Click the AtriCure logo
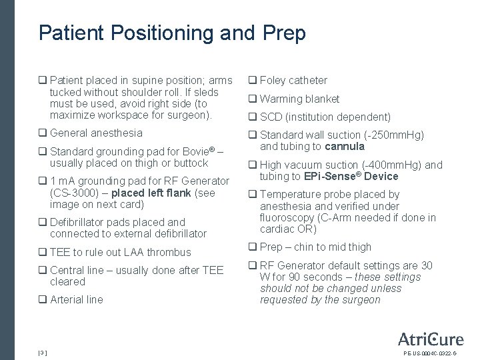tap(431, 339)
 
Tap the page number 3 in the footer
tap(42, 352)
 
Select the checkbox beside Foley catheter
tap(253, 81)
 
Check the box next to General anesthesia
tap(43, 133)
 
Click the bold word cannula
tap(345, 147)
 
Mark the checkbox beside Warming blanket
tap(253, 99)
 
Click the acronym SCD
tap(271, 117)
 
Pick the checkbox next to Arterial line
tap(43, 300)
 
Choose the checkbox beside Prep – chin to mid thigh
tap(253, 247)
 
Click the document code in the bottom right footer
tap(430, 353)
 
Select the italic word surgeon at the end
tap(361, 300)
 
